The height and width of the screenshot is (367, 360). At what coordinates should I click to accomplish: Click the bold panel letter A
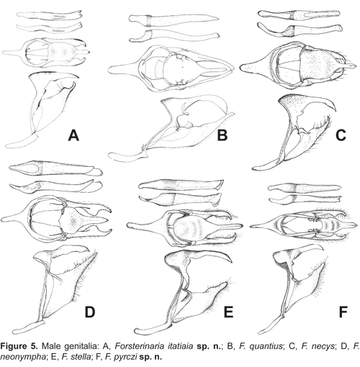[x=73, y=135]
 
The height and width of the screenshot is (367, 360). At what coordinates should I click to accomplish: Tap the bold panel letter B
[x=222, y=135]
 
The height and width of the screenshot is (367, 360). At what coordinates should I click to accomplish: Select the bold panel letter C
[x=341, y=135]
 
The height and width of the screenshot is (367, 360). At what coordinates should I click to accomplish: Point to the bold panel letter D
[x=90, y=312]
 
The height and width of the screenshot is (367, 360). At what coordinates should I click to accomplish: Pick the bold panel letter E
[x=228, y=312]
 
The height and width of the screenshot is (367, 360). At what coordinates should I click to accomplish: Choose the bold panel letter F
[x=343, y=312]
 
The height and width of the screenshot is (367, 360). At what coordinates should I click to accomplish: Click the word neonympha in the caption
[x=22, y=358]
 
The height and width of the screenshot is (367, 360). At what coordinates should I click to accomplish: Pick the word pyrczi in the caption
[x=117, y=358]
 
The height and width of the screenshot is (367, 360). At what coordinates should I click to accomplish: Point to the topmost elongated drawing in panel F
[x=305, y=188]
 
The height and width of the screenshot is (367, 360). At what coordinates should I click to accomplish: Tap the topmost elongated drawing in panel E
[x=181, y=185]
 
